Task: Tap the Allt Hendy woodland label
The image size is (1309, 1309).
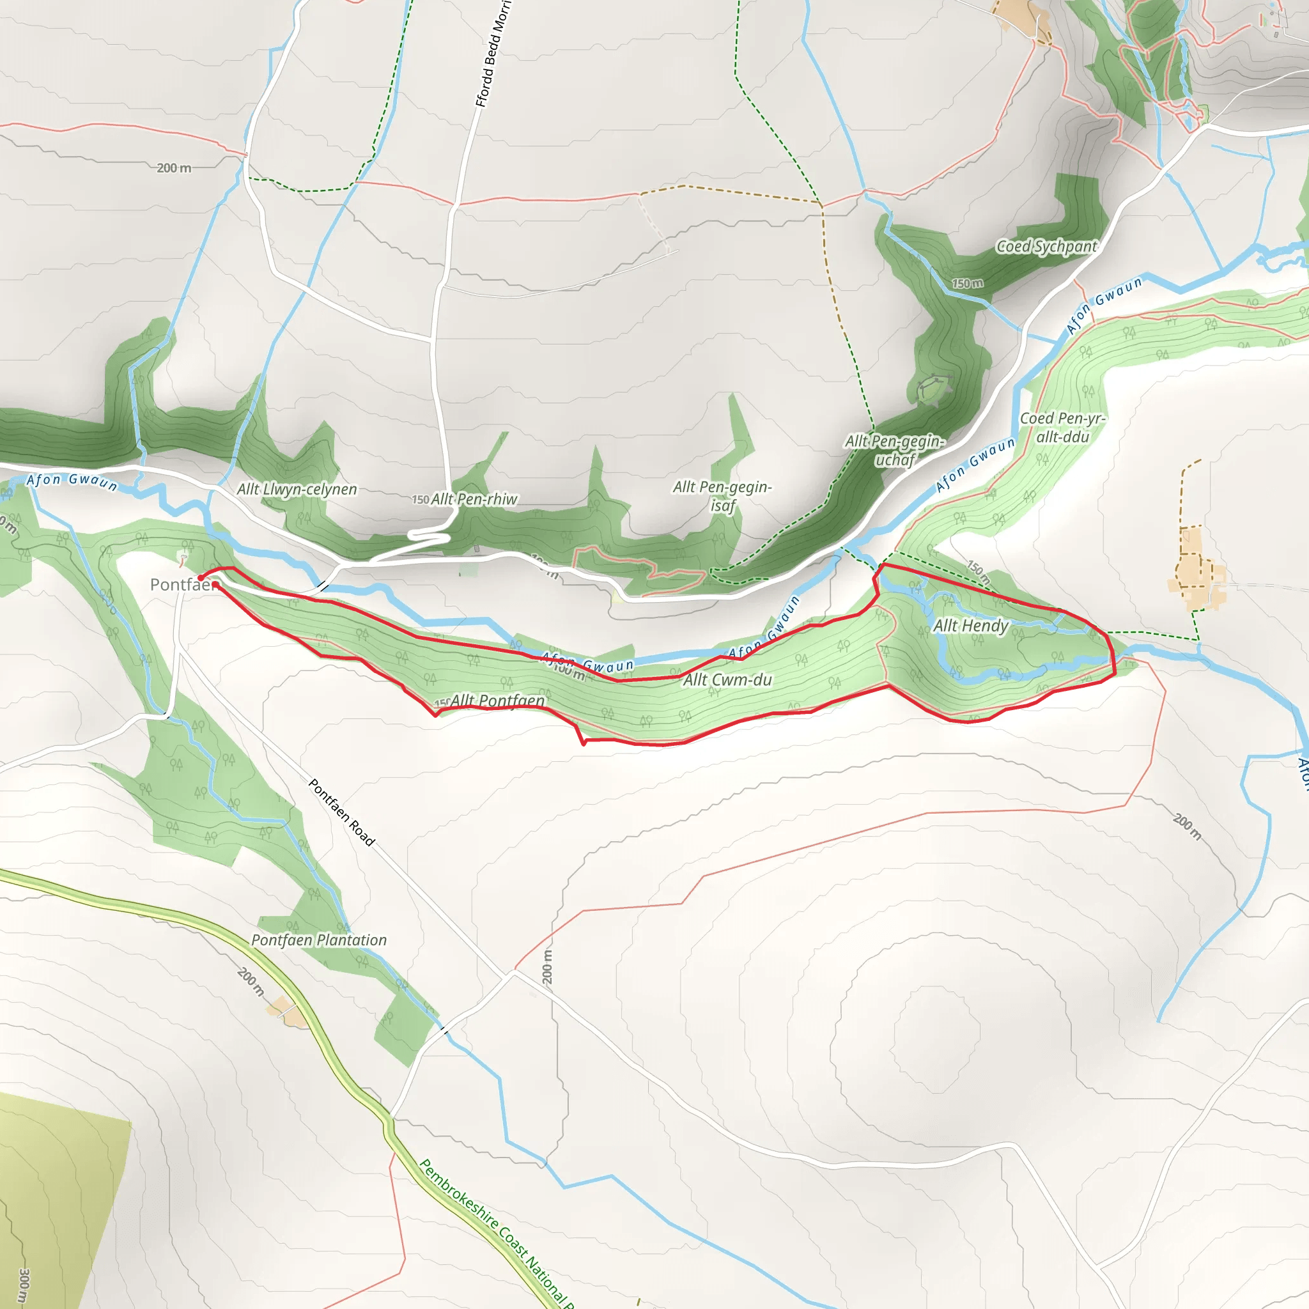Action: coord(971,625)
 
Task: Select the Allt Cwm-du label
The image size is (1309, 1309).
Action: coord(727,679)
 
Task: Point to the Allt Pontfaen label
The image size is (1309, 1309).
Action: coord(497,701)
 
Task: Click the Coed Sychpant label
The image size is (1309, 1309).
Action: coord(1046,247)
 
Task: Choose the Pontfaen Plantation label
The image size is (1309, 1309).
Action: coord(318,940)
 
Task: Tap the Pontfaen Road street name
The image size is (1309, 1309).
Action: coord(341,812)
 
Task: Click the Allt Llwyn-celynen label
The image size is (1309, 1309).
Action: coord(297,489)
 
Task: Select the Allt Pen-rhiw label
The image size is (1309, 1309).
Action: coord(474,499)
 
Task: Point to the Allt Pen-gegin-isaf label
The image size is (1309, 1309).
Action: coord(722,496)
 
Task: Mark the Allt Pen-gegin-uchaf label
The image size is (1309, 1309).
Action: coord(894,451)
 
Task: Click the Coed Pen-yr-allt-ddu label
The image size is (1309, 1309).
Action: coord(1062,428)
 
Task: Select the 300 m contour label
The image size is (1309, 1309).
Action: coord(24,1286)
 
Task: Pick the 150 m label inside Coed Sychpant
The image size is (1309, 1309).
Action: coord(967,283)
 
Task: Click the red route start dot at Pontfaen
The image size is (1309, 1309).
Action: coord(201,578)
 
